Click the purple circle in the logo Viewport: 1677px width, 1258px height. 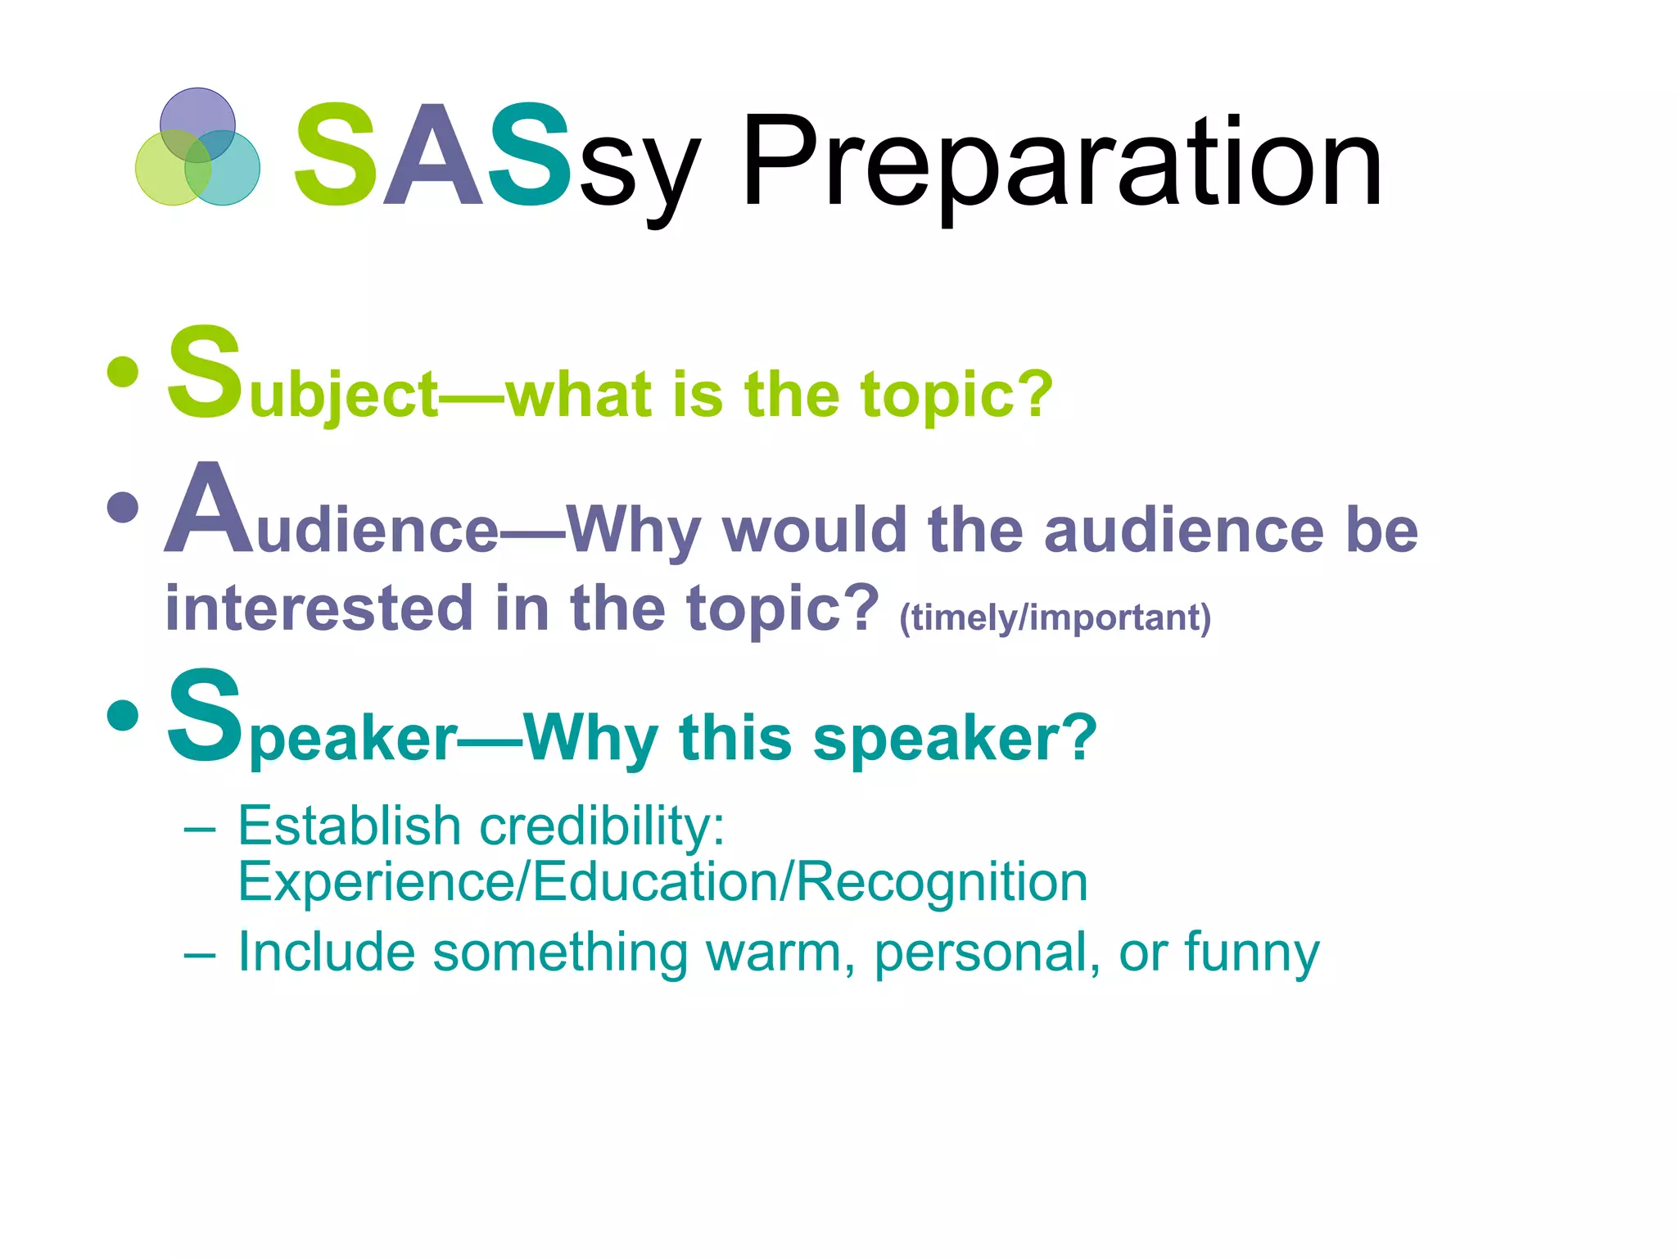(197, 115)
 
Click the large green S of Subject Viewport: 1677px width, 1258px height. (205, 373)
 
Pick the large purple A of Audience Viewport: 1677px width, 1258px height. (209, 512)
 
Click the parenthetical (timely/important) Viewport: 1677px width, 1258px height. (1055, 618)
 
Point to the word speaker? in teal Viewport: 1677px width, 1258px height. (954, 739)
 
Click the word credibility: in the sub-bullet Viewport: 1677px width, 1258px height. (602, 826)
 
